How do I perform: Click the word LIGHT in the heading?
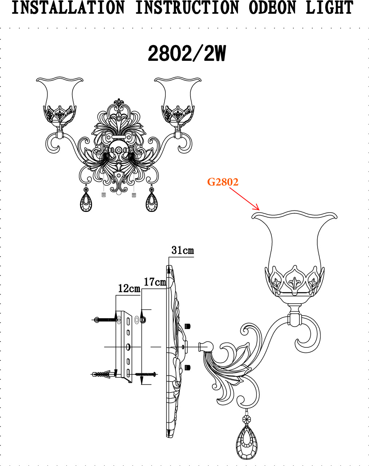[329, 8]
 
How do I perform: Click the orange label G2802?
[223, 182]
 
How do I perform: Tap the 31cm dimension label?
[182, 250]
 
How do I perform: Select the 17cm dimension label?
[155, 282]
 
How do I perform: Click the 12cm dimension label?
[129, 288]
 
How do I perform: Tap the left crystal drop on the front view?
[86, 202]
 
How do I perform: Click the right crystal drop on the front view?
[151, 202]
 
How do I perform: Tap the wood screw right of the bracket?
[146, 374]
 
